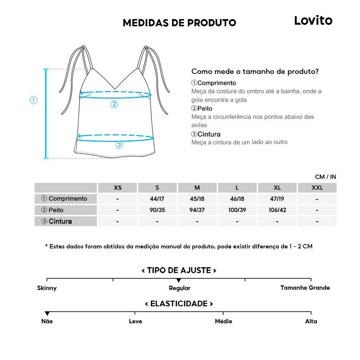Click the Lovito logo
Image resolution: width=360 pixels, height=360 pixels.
(x=313, y=21)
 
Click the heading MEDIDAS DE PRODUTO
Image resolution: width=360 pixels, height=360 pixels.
(x=179, y=23)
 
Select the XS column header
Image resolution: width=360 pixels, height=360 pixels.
(x=117, y=188)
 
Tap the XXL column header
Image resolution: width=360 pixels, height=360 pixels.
(x=317, y=188)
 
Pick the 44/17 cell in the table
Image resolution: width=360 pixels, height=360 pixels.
(x=157, y=199)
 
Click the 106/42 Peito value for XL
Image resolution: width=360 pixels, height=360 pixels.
(x=277, y=210)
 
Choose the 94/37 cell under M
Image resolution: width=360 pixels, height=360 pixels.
(x=197, y=210)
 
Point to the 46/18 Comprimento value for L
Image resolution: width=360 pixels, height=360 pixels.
(x=237, y=199)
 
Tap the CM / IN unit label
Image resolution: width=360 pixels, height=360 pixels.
(x=325, y=177)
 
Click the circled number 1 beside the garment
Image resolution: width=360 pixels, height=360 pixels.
(x=33, y=100)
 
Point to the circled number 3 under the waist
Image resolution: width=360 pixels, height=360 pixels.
(x=119, y=145)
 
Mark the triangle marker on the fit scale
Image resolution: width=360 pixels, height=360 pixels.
(x=179, y=280)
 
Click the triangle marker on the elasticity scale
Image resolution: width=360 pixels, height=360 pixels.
(x=47, y=314)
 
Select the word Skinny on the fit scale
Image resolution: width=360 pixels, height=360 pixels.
(x=47, y=288)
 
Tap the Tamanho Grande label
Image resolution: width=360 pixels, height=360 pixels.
(x=305, y=288)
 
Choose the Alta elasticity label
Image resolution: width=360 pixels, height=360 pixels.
(x=311, y=321)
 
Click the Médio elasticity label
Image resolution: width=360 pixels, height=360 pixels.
(x=223, y=321)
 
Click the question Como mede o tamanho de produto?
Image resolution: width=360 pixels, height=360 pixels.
(x=255, y=71)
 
